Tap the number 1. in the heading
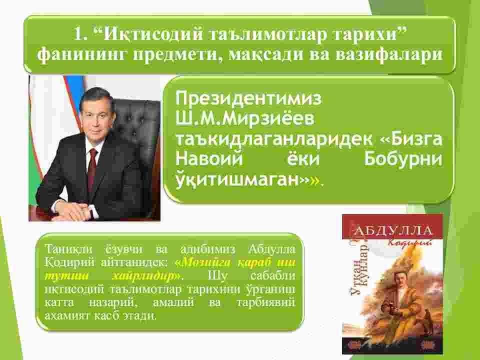pyautogui.click(x=80, y=34)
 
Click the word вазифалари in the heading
pyautogui.click(x=389, y=54)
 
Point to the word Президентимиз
pyautogui.click(x=248, y=98)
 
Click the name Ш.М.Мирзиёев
pyautogui.click(x=245, y=118)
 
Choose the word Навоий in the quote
pyautogui.click(x=209, y=158)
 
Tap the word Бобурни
pyautogui.click(x=403, y=159)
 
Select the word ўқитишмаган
pyautogui.click(x=237, y=180)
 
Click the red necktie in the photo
pyautogui.click(x=92, y=168)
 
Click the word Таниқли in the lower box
pyautogui.click(x=68, y=249)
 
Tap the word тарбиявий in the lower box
pyautogui.click(x=265, y=302)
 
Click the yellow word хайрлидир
pyautogui.click(x=147, y=276)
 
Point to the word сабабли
pyautogui.click(x=273, y=275)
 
